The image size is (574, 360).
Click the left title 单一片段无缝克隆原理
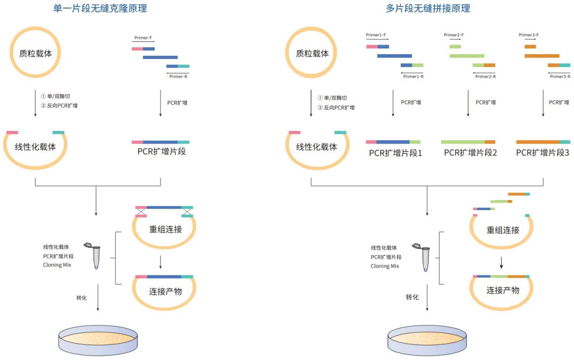(x=100, y=9)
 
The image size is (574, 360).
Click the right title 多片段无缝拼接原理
(x=428, y=9)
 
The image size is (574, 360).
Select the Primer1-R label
(x=413, y=77)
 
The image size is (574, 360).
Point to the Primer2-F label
(x=453, y=35)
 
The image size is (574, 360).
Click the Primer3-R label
(x=560, y=77)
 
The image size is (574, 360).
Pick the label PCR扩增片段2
(x=470, y=153)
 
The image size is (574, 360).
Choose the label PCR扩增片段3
(x=543, y=153)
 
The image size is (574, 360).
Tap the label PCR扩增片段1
(x=395, y=153)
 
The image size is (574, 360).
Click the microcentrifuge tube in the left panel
(x=96, y=256)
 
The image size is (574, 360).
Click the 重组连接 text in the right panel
(x=503, y=230)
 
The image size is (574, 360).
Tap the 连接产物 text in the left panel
(x=165, y=291)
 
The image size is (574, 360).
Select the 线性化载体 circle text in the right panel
(x=317, y=147)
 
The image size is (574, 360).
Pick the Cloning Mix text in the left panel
(x=57, y=265)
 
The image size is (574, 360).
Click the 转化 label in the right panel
(x=412, y=297)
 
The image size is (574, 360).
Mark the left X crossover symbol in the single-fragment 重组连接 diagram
(x=141, y=212)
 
